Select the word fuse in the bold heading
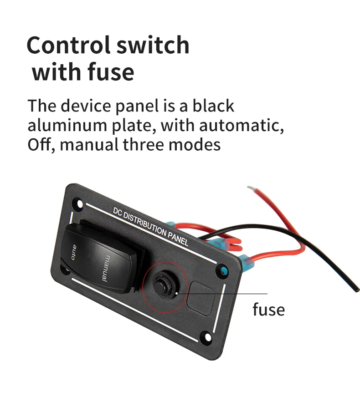point(110,72)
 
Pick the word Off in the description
point(40,145)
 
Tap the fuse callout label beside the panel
point(268,310)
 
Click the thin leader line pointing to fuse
point(228,294)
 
